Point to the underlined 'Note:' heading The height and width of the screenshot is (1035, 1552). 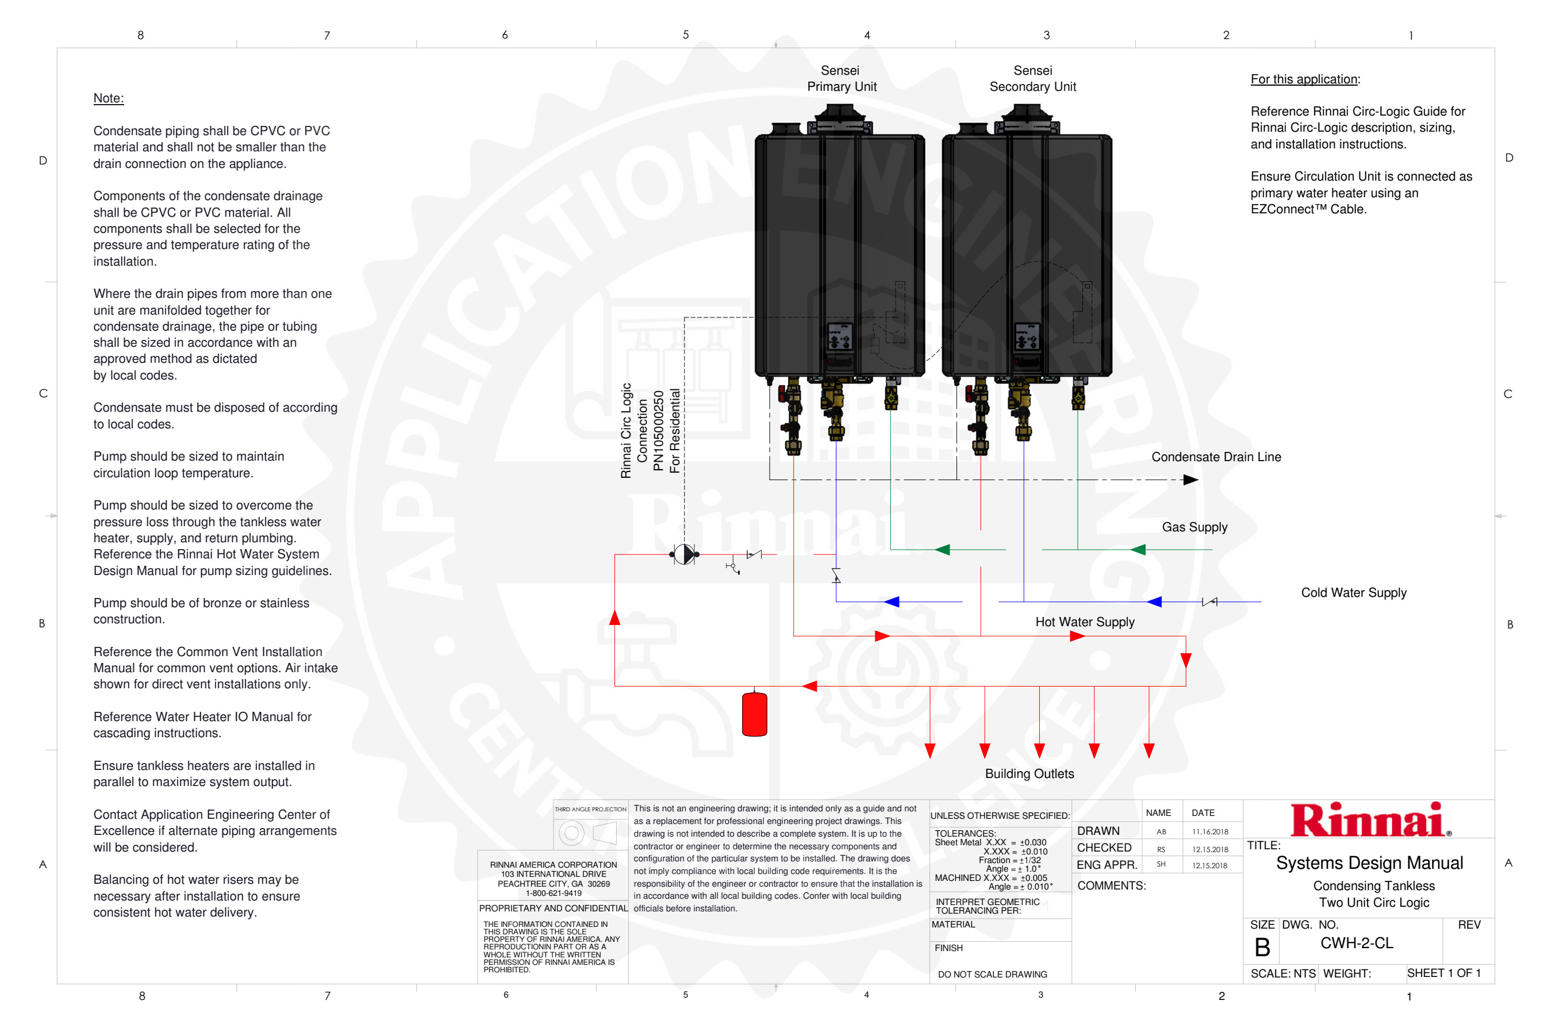point(108,98)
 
